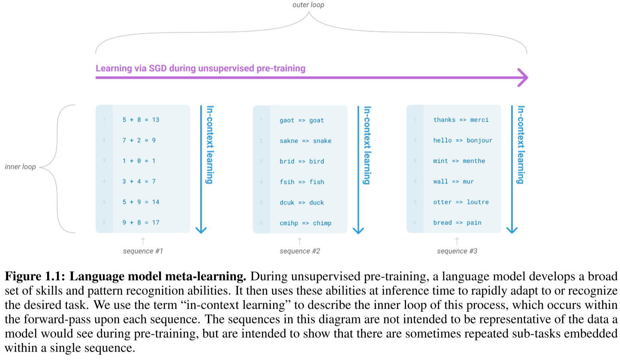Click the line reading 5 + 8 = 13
coord(141,120)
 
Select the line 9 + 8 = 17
coord(141,222)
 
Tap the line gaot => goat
coord(301,120)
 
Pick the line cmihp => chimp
coord(305,223)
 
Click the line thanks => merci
coord(461,120)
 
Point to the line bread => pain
coord(457,222)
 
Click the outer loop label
coord(308,5)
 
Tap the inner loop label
coord(20,167)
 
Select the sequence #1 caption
coord(143,251)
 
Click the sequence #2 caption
coord(300,251)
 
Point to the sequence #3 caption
coord(457,251)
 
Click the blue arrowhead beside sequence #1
coord(201,230)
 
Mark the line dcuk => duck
coord(301,202)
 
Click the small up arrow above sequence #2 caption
coord(300,241)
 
